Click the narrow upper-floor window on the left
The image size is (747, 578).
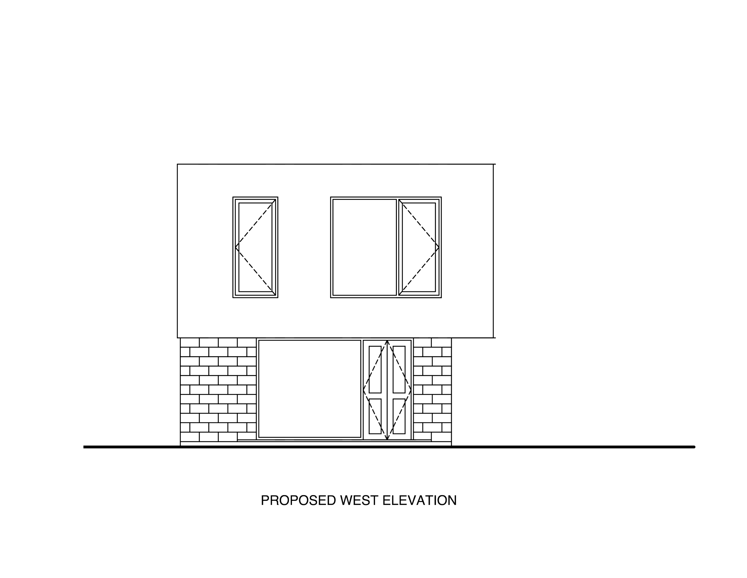[x=255, y=247]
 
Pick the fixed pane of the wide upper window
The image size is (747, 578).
[x=364, y=247]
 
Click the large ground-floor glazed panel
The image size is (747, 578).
[x=310, y=389]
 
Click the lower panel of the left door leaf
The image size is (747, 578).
[x=376, y=415]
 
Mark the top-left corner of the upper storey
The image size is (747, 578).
[x=177, y=165]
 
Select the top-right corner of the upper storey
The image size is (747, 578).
[x=495, y=165]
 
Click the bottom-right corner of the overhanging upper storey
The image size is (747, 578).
[x=495, y=338]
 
